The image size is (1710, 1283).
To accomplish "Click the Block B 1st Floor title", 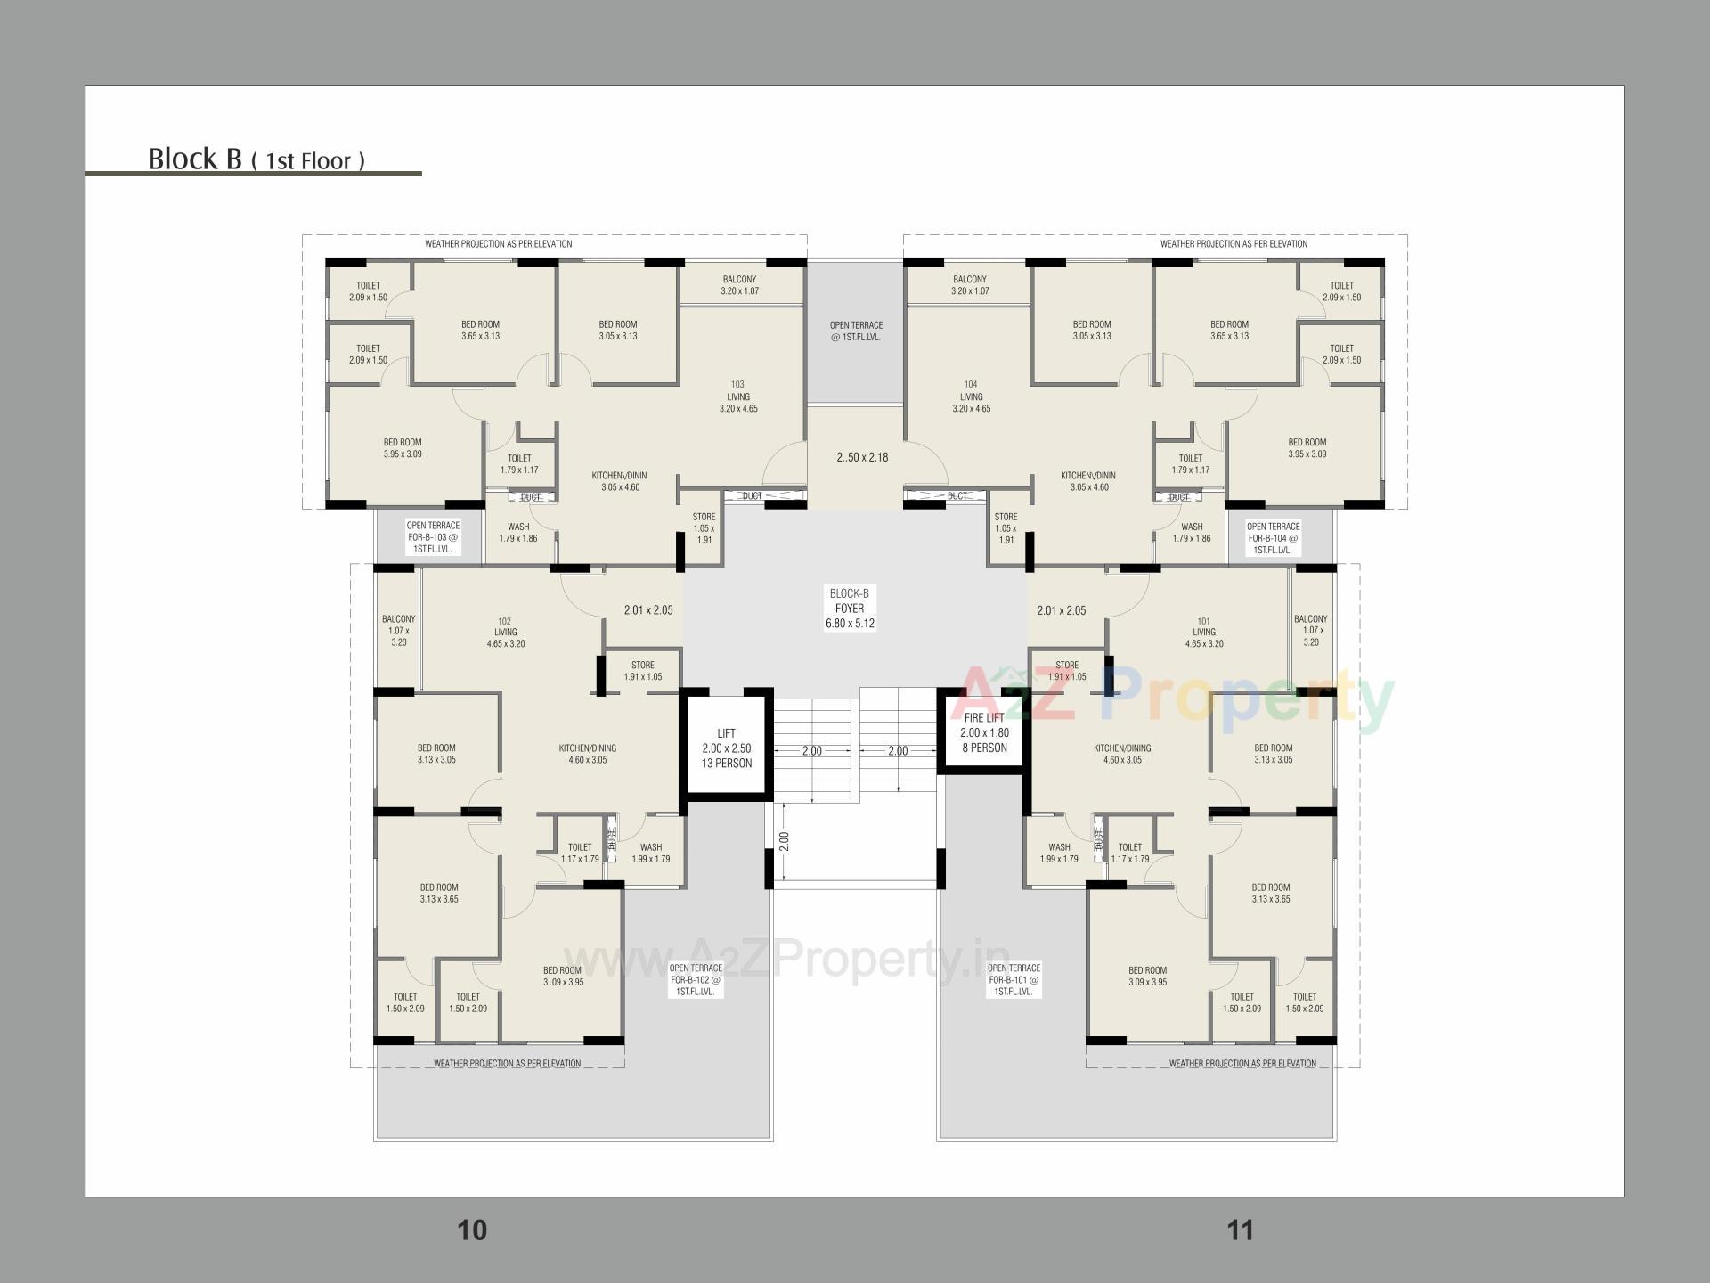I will point(256,159).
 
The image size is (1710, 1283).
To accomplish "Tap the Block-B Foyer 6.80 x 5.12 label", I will point(850,609).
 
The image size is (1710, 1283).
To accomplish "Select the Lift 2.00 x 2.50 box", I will point(726,748).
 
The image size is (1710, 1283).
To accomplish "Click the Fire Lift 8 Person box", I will point(984,733).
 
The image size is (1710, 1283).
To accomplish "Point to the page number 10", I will point(472,1230).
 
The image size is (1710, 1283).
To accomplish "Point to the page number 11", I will point(1240,1230).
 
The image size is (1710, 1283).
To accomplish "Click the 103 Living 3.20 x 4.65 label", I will point(737,396).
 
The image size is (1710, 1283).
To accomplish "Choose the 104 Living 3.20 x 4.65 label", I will point(971,396).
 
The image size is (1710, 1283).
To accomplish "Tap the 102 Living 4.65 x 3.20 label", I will point(505,633).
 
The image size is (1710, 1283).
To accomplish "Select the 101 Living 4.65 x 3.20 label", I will point(1203,633).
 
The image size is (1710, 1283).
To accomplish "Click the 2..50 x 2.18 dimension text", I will point(862,457).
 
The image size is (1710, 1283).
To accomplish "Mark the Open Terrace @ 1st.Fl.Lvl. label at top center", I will point(856,331).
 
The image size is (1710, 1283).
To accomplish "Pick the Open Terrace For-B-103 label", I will point(433,537).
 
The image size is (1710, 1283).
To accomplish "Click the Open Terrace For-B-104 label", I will point(1273,538).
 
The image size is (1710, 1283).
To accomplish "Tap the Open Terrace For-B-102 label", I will point(696,979).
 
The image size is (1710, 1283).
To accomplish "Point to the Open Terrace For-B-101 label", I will point(1014,979).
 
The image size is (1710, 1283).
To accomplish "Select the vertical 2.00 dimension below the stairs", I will point(784,841).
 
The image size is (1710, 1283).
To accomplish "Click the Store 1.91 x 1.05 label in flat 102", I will point(642,671).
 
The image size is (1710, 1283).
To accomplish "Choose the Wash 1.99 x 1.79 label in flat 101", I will point(1059,854).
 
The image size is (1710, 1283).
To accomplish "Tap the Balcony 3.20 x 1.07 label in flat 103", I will point(739,285).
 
